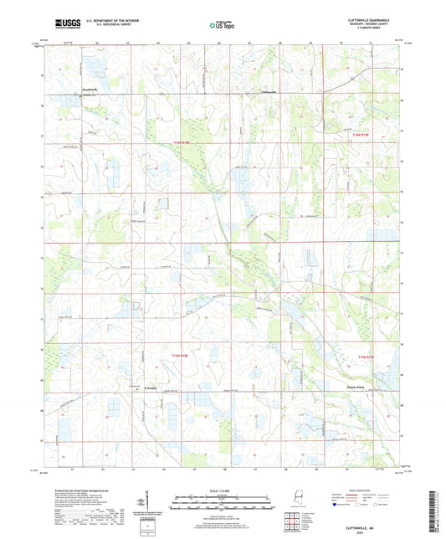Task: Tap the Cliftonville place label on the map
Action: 269,91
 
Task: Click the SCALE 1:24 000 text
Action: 223,489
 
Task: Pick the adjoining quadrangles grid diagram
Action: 292,522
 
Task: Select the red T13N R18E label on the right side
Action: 369,357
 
